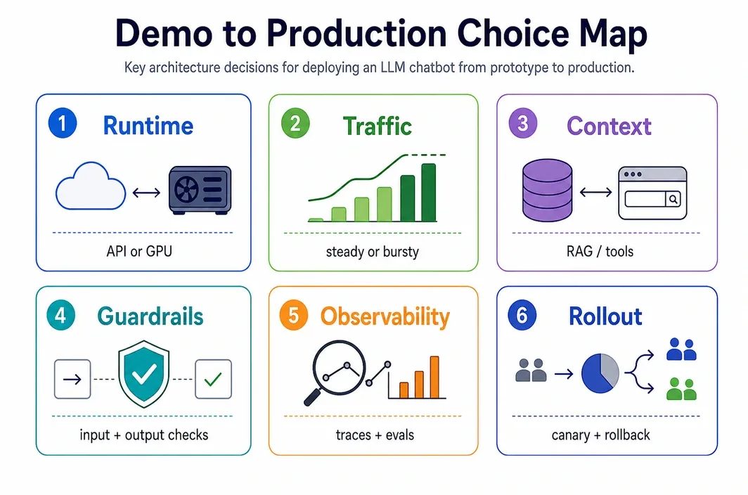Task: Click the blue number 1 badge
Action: tap(63, 123)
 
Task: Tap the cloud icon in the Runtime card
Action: tap(91, 186)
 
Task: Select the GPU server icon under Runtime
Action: tap(200, 190)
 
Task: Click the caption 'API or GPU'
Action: tap(139, 251)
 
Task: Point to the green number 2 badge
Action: tap(295, 124)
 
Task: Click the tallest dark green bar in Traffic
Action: tap(428, 193)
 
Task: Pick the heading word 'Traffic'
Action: tap(378, 127)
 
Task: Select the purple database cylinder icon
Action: tap(547, 190)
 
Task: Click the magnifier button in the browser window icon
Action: tap(673, 199)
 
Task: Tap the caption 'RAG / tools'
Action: tap(600, 251)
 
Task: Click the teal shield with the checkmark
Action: tap(143, 373)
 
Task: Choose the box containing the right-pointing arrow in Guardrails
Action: tap(72, 379)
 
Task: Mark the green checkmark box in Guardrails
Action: tap(213, 379)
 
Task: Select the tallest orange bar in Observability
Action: tap(434, 377)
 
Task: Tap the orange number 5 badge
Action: tap(293, 316)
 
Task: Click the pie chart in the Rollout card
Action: tap(600, 373)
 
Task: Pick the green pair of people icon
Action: tap(681, 389)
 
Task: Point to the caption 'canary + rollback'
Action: tap(600, 435)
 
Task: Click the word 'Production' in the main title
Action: tap(356, 34)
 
